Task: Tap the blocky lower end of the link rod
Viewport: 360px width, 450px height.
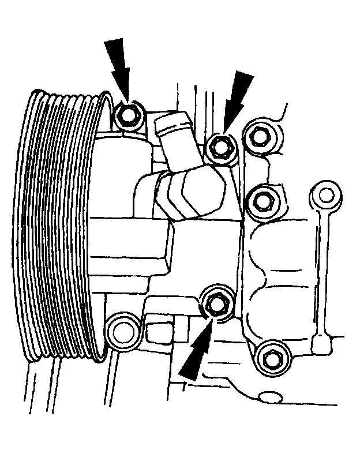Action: tap(321, 343)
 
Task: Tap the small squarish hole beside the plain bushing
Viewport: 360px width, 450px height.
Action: tap(156, 332)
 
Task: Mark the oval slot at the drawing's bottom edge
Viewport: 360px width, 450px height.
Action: tap(274, 397)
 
